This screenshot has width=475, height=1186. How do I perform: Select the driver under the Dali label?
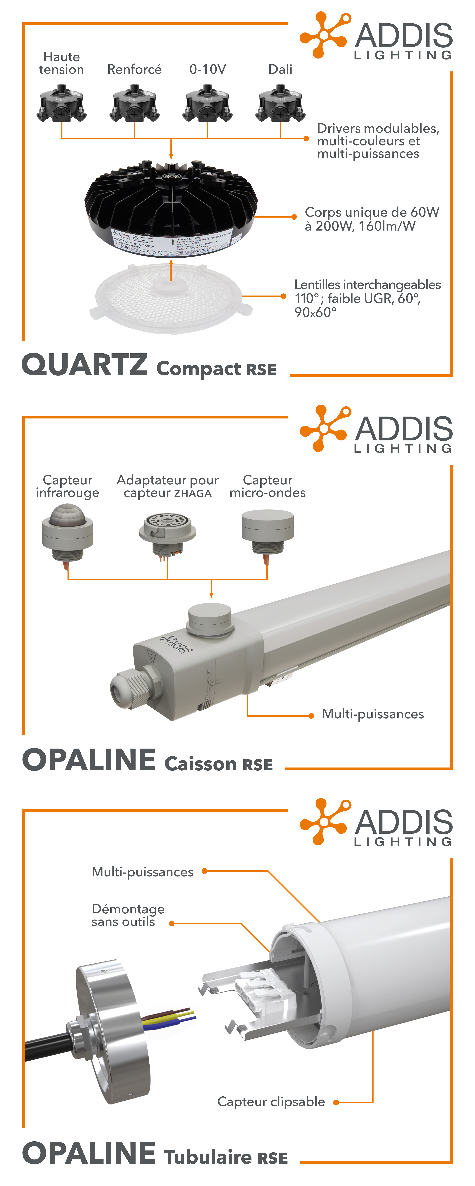click(x=280, y=104)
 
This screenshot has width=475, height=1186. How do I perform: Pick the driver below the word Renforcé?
click(x=134, y=104)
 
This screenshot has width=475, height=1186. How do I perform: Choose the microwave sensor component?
click(x=267, y=529)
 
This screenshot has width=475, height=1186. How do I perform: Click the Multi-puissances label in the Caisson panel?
click(x=373, y=714)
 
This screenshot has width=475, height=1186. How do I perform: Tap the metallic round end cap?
click(x=113, y=1031)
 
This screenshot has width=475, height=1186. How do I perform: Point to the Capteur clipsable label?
click(x=271, y=1102)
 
